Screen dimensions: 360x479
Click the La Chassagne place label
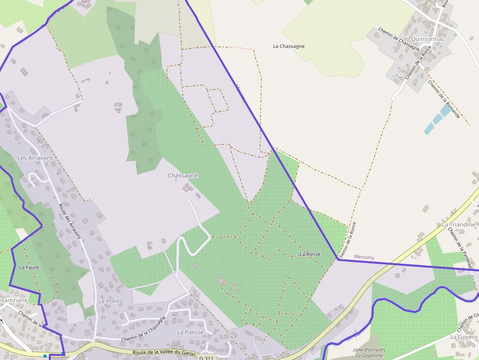pyautogui.click(x=288, y=46)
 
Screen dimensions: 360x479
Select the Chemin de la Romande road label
pyautogui.click(x=444, y=99)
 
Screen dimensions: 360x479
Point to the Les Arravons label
pyautogui.click(x=35, y=158)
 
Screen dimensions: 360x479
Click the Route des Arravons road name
pyautogui.click(x=69, y=220)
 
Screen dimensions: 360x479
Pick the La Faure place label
pyautogui.click(x=29, y=268)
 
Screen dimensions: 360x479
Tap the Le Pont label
pyautogui.click(x=109, y=301)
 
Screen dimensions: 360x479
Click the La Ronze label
pyautogui.click(x=310, y=254)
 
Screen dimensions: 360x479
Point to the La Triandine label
pyautogui.click(x=458, y=224)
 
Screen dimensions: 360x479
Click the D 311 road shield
pyautogui.click(x=207, y=358)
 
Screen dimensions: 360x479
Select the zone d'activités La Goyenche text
pyautogui.click(x=369, y=353)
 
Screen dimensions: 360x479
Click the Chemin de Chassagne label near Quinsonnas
pyautogui.click(x=399, y=39)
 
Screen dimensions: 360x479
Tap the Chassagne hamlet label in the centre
pyautogui.click(x=183, y=175)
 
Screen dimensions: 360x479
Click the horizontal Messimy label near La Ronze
pyautogui.click(x=364, y=256)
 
